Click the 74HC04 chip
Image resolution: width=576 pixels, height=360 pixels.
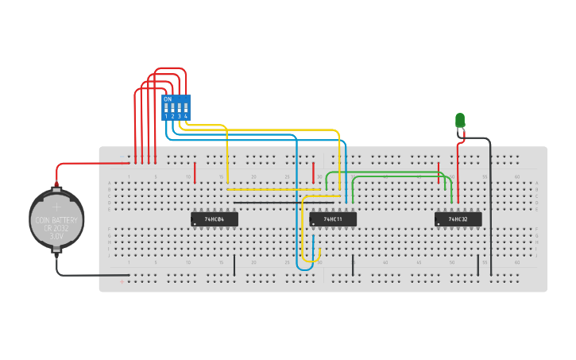point(215,219)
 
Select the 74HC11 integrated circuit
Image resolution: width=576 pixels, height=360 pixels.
point(333,219)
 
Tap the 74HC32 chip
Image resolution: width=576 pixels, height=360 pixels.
point(458,219)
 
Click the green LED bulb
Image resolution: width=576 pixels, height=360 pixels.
point(460,120)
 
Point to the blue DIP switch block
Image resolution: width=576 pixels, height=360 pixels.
point(176,107)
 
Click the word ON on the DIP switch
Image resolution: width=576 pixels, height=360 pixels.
point(167,99)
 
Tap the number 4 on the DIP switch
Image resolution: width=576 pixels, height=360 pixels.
point(186,117)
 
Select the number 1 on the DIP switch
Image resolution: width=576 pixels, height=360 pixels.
point(166,117)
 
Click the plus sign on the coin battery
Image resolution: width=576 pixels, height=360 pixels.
point(56,207)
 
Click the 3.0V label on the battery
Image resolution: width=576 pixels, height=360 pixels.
point(56,236)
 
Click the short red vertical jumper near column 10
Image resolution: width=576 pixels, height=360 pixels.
point(195,173)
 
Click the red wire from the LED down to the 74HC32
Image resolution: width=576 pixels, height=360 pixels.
point(458,171)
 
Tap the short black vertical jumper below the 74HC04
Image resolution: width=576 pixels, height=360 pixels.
point(234,265)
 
